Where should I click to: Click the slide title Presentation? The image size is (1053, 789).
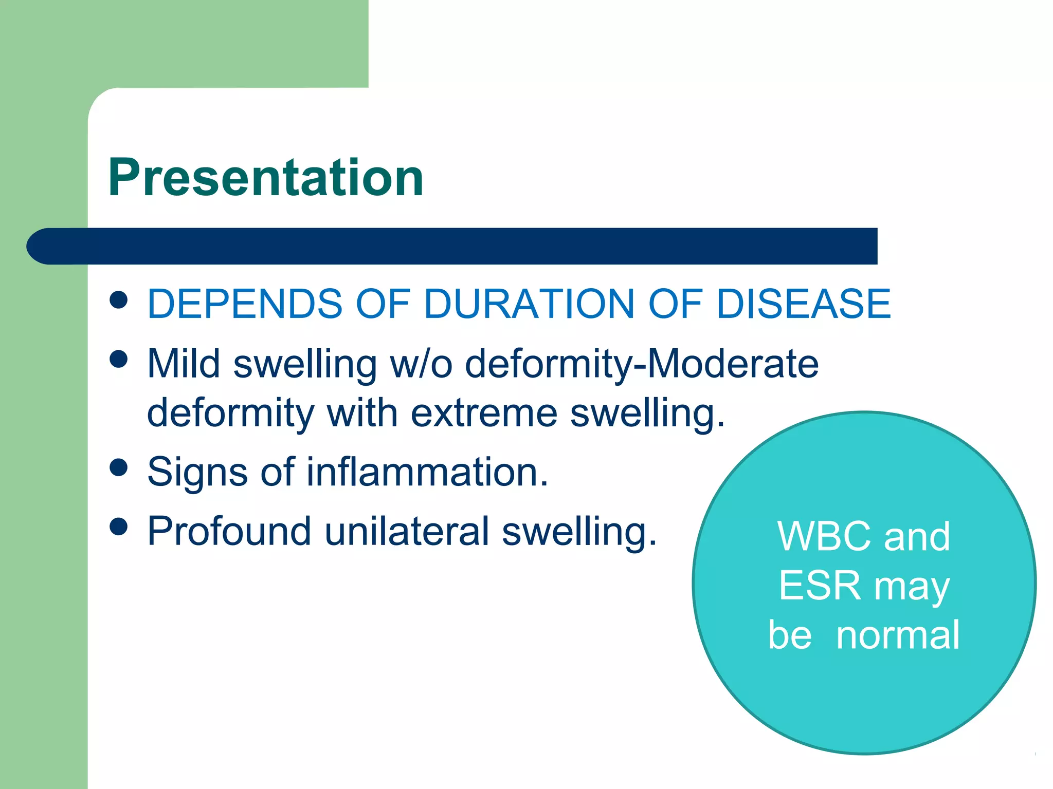pos(265,178)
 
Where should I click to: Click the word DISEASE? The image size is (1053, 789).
pos(803,304)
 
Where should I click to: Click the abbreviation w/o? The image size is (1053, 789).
pos(421,364)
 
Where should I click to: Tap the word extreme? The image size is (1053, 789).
pos(484,413)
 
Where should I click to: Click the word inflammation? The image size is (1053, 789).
pos(427,472)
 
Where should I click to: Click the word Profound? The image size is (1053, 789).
pos(229,531)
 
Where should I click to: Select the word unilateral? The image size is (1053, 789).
pos(406,531)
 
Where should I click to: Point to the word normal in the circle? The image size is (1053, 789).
pos(898,635)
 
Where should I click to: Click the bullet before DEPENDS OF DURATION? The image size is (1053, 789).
pos(119,300)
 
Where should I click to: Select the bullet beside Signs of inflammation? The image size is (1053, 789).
pos(119,467)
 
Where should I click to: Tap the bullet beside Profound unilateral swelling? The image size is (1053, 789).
pos(119,527)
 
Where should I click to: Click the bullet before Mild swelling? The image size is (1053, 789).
pos(119,359)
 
